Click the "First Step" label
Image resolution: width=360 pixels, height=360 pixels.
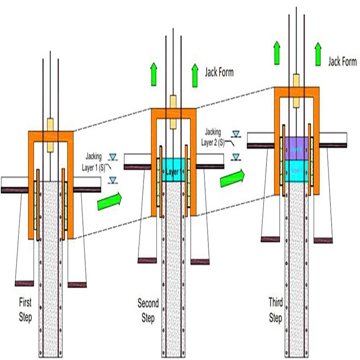[x=26, y=309]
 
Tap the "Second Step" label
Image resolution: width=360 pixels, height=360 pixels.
[x=148, y=311]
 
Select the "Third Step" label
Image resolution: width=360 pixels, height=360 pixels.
[x=275, y=310]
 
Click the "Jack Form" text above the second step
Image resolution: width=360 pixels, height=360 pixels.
[x=219, y=72]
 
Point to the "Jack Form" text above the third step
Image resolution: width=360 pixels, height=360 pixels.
[x=342, y=61]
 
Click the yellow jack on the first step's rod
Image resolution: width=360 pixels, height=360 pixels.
[x=50, y=135]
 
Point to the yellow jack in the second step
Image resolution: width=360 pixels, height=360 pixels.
[x=173, y=111]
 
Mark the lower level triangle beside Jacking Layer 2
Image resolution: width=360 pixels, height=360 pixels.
[x=236, y=157]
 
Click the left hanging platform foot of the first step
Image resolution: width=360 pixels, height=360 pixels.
[x=24, y=283]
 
